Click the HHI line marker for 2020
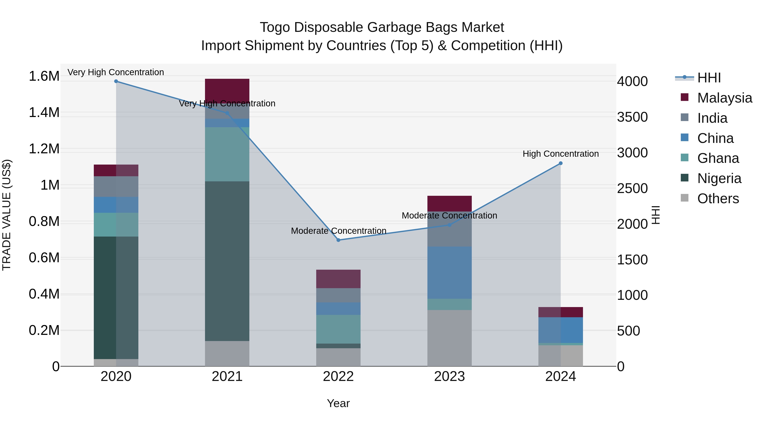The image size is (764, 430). coord(116,81)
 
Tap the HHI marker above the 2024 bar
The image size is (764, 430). coord(560,163)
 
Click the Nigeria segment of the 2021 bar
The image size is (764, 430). coord(227,261)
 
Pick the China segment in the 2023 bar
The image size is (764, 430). coord(449,272)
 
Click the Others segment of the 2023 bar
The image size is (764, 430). coord(449,338)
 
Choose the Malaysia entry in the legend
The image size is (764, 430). coord(725,98)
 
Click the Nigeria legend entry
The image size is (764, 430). coord(719,178)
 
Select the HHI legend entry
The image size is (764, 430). coord(709,78)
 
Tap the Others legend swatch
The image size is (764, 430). coord(684,198)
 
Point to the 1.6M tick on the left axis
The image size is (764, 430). coord(44,76)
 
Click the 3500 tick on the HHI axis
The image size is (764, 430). coord(632,117)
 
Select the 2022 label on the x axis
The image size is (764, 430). coord(338,376)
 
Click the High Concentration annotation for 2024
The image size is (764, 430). coord(560,154)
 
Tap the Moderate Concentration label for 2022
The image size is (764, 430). coord(338,231)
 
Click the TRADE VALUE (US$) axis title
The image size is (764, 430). coord(7,215)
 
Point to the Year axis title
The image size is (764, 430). coord(338,403)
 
